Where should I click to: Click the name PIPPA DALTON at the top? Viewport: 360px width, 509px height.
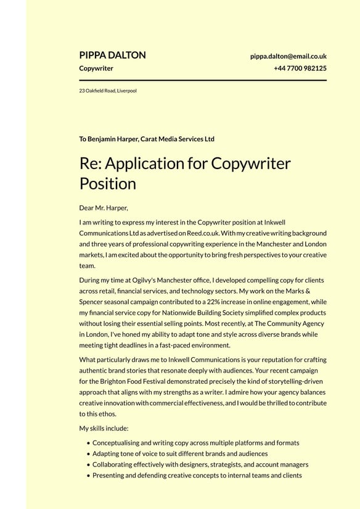point(112,55)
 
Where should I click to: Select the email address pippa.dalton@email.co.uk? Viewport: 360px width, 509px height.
point(288,56)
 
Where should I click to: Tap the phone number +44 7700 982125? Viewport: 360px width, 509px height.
point(300,68)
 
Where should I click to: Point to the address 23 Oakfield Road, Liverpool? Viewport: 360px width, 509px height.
point(108,91)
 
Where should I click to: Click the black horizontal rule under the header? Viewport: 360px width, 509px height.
point(203,80)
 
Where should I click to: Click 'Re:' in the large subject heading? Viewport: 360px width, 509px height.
point(91,163)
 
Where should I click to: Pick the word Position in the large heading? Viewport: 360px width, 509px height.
point(107,184)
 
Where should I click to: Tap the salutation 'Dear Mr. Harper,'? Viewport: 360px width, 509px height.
point(104,207)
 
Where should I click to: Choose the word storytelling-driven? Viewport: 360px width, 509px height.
point(285,381)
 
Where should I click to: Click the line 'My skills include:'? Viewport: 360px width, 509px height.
point(104,428)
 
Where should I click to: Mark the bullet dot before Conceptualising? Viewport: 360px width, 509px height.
point(89,443)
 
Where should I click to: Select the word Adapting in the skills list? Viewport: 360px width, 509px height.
point(107,453)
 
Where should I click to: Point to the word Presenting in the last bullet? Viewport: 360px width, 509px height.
point(108,476)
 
